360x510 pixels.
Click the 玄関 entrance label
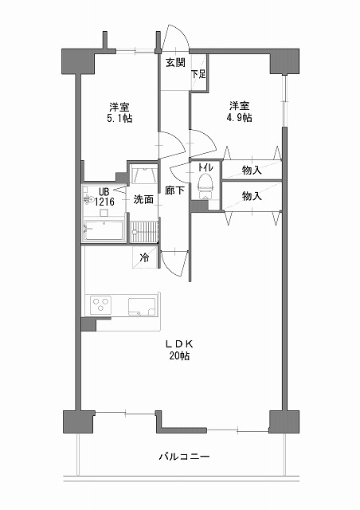[x=175, y=62]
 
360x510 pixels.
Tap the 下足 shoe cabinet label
[x=198, y=74]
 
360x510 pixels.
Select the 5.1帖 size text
[x=119, y=118]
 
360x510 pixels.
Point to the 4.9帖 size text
[x=240, y=117]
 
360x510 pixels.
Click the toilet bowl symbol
[x=205, y=186]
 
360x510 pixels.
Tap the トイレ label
[x=205, y=167]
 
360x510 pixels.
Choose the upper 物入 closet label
[x=252, y=170]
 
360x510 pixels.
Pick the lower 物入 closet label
[x=252, y=196]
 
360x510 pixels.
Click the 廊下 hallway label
[x=174, y=190]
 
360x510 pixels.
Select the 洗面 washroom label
[x=143, y=199]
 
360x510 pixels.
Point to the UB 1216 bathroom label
[x=104, y=197]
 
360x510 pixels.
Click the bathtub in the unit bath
[x=104, y=230]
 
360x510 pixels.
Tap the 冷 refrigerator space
[x=144, y=257]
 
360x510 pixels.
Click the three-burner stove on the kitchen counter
[x=100, y=305]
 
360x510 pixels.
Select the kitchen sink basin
[x=143, y=307]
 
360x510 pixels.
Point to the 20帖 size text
[x=179, y=356]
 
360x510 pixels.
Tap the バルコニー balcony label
[x=185, y=457]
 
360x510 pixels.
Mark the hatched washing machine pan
[x=144, y=232]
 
